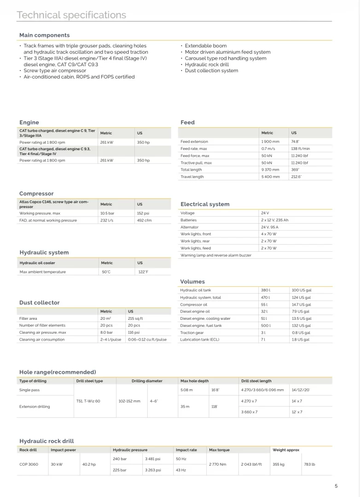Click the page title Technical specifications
click(x=71, y=15)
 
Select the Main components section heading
click(x=45, y=35)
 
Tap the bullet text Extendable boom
click(x=205, y=46)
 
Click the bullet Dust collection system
click(x=211, y=70)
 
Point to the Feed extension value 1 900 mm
click(x=270, y=142)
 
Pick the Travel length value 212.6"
click(x=296, y=177)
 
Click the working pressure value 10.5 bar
click(x=107, y=214)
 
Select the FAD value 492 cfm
click(x=144, y=220)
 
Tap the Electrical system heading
click(x=205, y=204)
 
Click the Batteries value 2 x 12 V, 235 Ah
click(x=275, y=220)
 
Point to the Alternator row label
click(x=190, y=227)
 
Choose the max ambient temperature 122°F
click(x=143, y=272)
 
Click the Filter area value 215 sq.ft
click(x=135, y=318)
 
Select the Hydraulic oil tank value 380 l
click(x=266, y=290)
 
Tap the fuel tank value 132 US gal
click(x=302, y=325)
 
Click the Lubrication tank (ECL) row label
click(x=200, y=340)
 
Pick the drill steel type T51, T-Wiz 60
click(x=88, y=401)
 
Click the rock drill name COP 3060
click(x=29, y=464)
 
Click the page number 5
click(x=336, y=486)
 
